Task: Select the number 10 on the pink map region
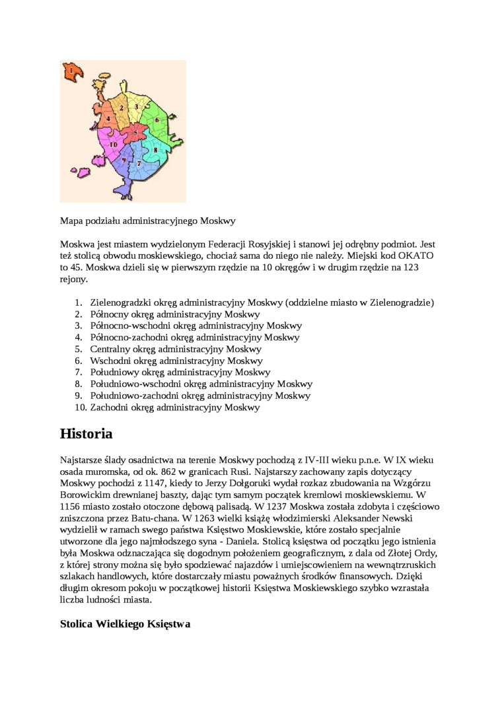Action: click(113, 144)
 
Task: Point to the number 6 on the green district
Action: click(157, 120)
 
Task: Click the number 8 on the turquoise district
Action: click(155, 150)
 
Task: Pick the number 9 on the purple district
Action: click(124, 160)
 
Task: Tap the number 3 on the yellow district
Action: click(136, 106)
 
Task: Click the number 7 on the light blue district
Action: click(139, 162)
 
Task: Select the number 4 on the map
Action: click(108, 118)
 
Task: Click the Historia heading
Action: click(86, 434)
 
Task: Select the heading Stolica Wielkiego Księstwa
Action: click(125, 623)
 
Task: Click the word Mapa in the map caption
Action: click(71, 221)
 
